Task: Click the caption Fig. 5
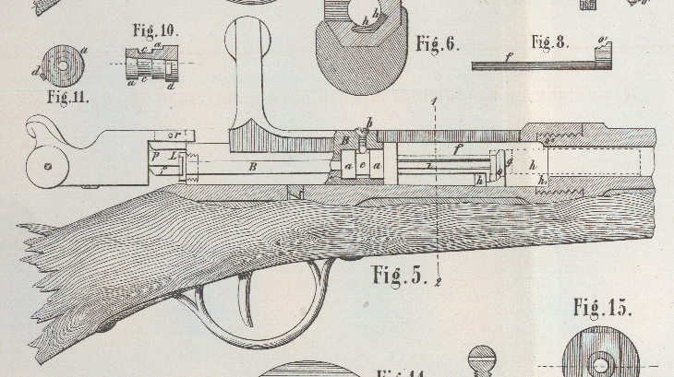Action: click(400, 274)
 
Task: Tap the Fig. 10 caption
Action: click(153, 29)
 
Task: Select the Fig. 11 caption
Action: click(69, 94)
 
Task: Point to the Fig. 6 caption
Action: click(437, 43)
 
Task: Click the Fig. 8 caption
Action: click(550, 41)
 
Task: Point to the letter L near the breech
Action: click(173, 156)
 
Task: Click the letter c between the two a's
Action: click(363, 166)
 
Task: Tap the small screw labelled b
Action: click(368, 123)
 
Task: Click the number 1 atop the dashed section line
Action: click(433, 100)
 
